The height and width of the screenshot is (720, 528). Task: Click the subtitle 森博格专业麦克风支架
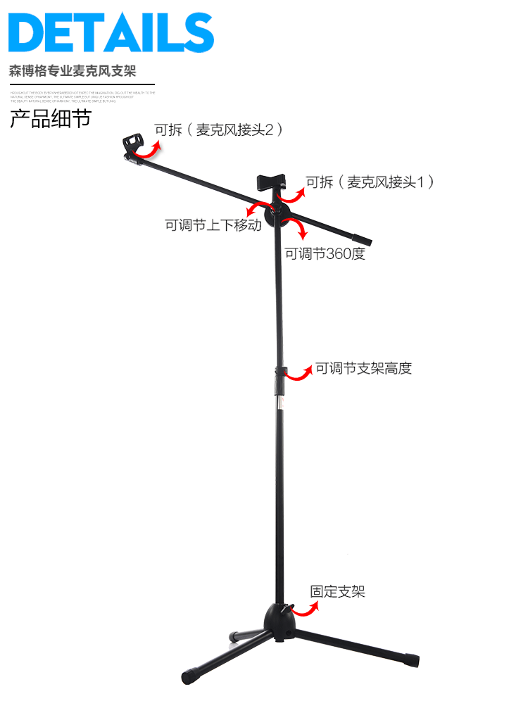click(x=73, y=71)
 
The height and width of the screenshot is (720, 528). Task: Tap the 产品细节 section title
click(x=50, y=118)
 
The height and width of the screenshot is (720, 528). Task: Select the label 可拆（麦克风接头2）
click(x=218, y=130)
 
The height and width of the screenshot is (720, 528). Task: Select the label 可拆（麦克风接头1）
click(x=369, y=182)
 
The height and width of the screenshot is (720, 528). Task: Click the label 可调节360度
click(x=325, y=254)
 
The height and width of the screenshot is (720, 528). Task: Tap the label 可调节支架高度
click(x=363, y=368)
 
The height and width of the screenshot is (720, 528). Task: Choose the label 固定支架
click(x=338, y=592)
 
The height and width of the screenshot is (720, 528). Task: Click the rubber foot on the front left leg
click(x=191, y=677)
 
